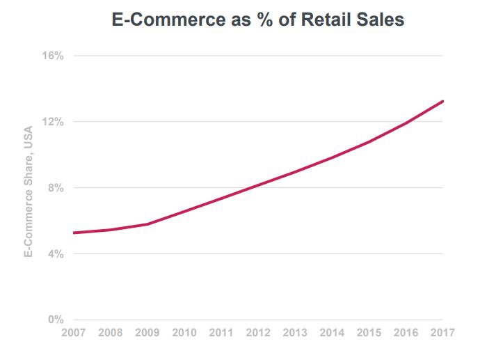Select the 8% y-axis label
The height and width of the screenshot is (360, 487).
pos(55,188)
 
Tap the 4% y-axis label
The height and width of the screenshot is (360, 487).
pos(55,254)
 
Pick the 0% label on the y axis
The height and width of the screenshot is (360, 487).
pos(55,320)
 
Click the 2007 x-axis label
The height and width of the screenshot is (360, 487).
pos(74,333)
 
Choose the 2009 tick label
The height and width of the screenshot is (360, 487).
pos(147,333)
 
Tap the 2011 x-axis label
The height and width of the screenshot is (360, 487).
pos(221,333)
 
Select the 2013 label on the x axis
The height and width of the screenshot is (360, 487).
pos(294,333)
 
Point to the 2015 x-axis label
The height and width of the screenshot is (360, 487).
pos(368,333)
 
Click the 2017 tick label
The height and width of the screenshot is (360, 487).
pos(442,333)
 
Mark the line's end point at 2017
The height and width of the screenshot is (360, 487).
pos(443,101)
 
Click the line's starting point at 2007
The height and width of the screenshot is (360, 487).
pos(73,233)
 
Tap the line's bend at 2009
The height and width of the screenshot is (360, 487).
pos(147,224)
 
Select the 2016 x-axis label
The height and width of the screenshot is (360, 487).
pos(405,333)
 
